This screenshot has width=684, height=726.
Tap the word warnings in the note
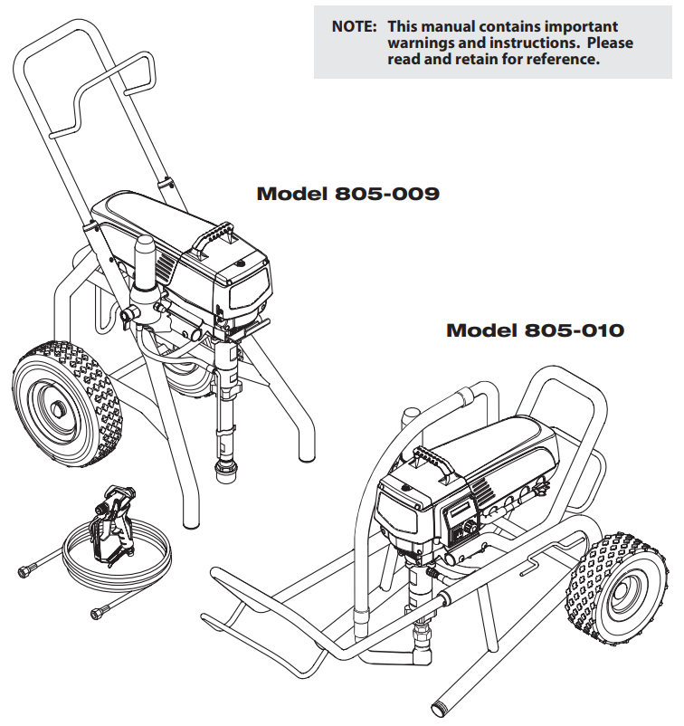point(422,43)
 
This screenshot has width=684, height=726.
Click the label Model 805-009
point(347,194)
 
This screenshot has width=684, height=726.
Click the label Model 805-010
point(535,330)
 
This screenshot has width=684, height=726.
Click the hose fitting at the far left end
point(25,570)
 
